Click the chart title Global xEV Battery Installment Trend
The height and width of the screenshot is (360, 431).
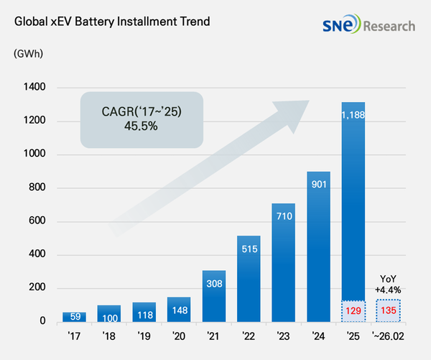[x=111, y=21]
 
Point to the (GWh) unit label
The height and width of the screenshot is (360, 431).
[x=26, y=54]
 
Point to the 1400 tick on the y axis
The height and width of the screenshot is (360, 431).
[x=33, y=88]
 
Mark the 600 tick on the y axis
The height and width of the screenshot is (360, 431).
[x=35, y=221]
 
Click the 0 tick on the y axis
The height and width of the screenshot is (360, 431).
[x=42, y=321]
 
